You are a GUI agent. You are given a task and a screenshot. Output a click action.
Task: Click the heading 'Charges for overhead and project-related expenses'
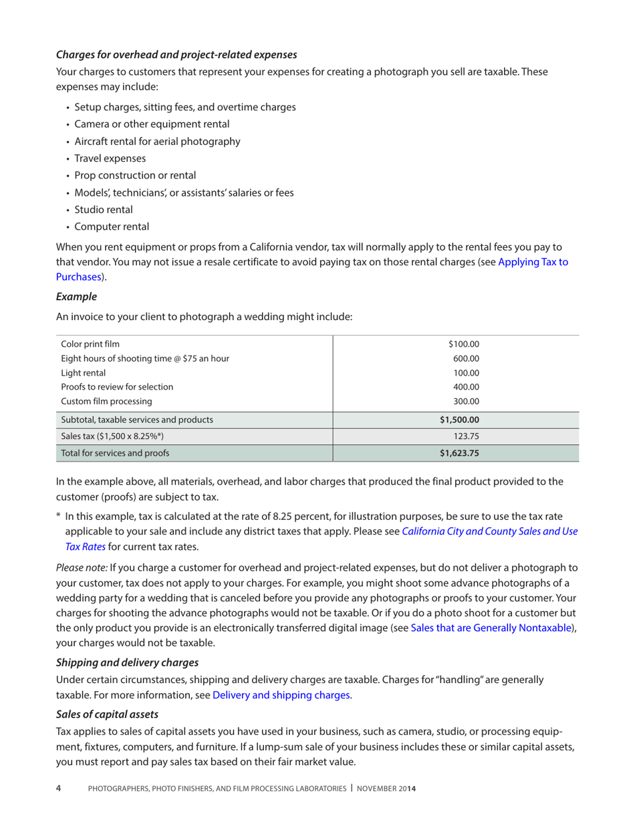pyautogui.click(x=176, y=53)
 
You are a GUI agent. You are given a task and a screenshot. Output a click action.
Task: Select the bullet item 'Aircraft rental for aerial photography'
pyautogui.click(x=157, y=141)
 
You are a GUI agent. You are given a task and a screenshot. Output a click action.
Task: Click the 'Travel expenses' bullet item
pyautogui.click(x=110, y=158)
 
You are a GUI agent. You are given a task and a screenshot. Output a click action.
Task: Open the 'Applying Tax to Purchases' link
pyautogui.click(x=533, y=262)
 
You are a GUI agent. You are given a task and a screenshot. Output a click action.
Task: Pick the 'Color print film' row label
pyautogui.click(x=91, y=344)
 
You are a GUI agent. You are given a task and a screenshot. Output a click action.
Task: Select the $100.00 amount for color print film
pyautogui.click(x=464, y=344)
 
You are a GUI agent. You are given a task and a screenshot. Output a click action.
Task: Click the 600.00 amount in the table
pyautogui.click(x=467, y=359)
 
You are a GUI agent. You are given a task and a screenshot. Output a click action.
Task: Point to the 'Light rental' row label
pyautogui.click(x=84, y=373)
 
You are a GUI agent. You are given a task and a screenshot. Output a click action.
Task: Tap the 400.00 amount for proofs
pyautogui.click(x=467, y=387)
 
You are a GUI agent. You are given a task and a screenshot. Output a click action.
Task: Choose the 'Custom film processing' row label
pyautogui.click(x=106, y=402)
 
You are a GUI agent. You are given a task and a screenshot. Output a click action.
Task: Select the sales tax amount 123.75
pyautogui.click(x=467, y=436)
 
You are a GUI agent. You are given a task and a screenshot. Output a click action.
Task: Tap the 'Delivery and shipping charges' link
pyautogui.click(x=281, y=695)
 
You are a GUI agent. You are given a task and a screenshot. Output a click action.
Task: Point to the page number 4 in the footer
pyautogui.click(x=58, y=789)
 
